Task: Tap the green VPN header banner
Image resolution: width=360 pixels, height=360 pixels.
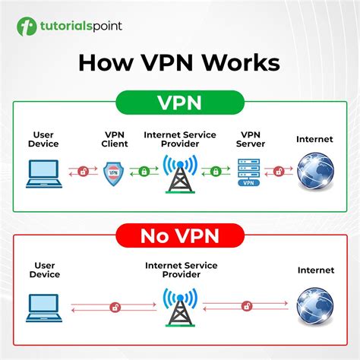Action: click(x=179, y=102)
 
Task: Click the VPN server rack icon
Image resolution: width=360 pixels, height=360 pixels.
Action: click(x=248, y=172)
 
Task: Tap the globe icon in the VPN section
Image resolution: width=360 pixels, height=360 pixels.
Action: click(x=314, y=172)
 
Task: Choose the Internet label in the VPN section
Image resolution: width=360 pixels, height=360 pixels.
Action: click(x=314, y=138)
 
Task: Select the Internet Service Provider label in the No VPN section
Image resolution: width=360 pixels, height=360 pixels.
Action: click(x=180, y=270)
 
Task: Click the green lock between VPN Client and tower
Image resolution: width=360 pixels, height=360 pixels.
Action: click(x=144, y=172)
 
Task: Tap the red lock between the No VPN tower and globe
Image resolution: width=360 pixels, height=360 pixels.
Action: click(x=246, y=305)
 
